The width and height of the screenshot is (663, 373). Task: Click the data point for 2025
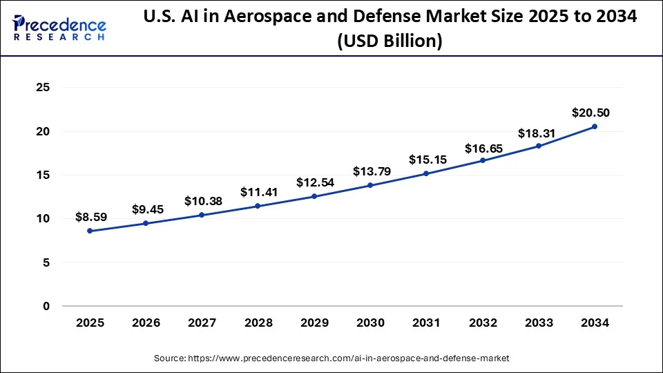90,231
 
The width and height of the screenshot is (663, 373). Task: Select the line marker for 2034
595,126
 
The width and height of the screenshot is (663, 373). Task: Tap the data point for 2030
370,185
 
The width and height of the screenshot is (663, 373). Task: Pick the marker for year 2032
483,160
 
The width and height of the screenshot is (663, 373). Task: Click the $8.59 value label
90,217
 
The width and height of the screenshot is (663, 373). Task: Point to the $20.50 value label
590,113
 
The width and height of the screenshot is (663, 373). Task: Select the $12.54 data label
314,182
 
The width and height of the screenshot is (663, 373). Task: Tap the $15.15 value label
427,160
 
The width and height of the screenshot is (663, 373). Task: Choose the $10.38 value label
202,201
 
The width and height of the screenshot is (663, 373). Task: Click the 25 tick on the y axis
44,88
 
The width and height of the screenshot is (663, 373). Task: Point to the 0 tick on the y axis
46,306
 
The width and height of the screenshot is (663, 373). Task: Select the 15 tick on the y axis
44,175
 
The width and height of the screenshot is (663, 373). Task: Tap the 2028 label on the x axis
258,323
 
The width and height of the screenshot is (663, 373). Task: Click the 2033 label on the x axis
539,323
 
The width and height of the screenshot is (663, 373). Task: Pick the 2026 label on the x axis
146,323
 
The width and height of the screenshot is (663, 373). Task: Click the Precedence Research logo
59,28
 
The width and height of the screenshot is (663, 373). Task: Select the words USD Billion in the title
389,41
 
